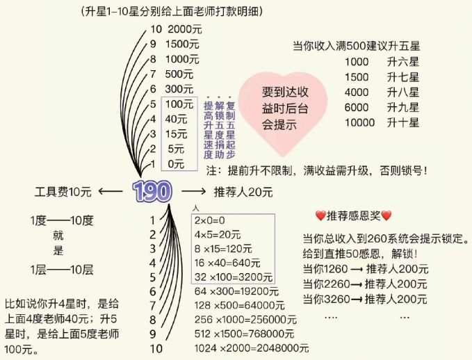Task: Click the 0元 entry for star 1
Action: tap(177, 164)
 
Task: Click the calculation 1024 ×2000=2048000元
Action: tap(251, 348)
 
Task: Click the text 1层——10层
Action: tap(62, 269)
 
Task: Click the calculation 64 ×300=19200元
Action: tap(231, 291)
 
